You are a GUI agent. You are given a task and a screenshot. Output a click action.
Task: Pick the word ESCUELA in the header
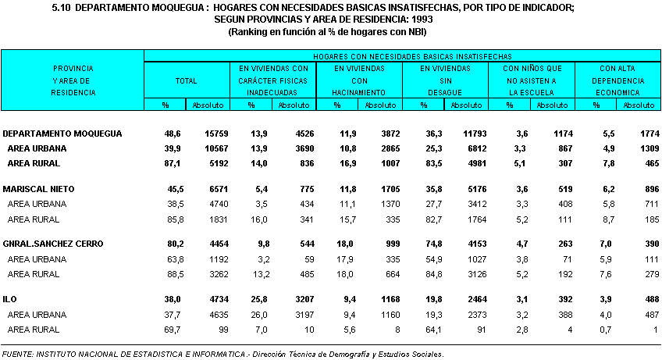(x=530, y=92)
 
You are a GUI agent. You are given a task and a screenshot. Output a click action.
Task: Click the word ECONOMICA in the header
(x=617, y=92)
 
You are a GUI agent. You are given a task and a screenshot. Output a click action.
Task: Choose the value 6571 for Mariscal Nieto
(x=214, y=189)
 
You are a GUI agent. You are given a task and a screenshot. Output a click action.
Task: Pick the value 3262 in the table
(x=214, y=274)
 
